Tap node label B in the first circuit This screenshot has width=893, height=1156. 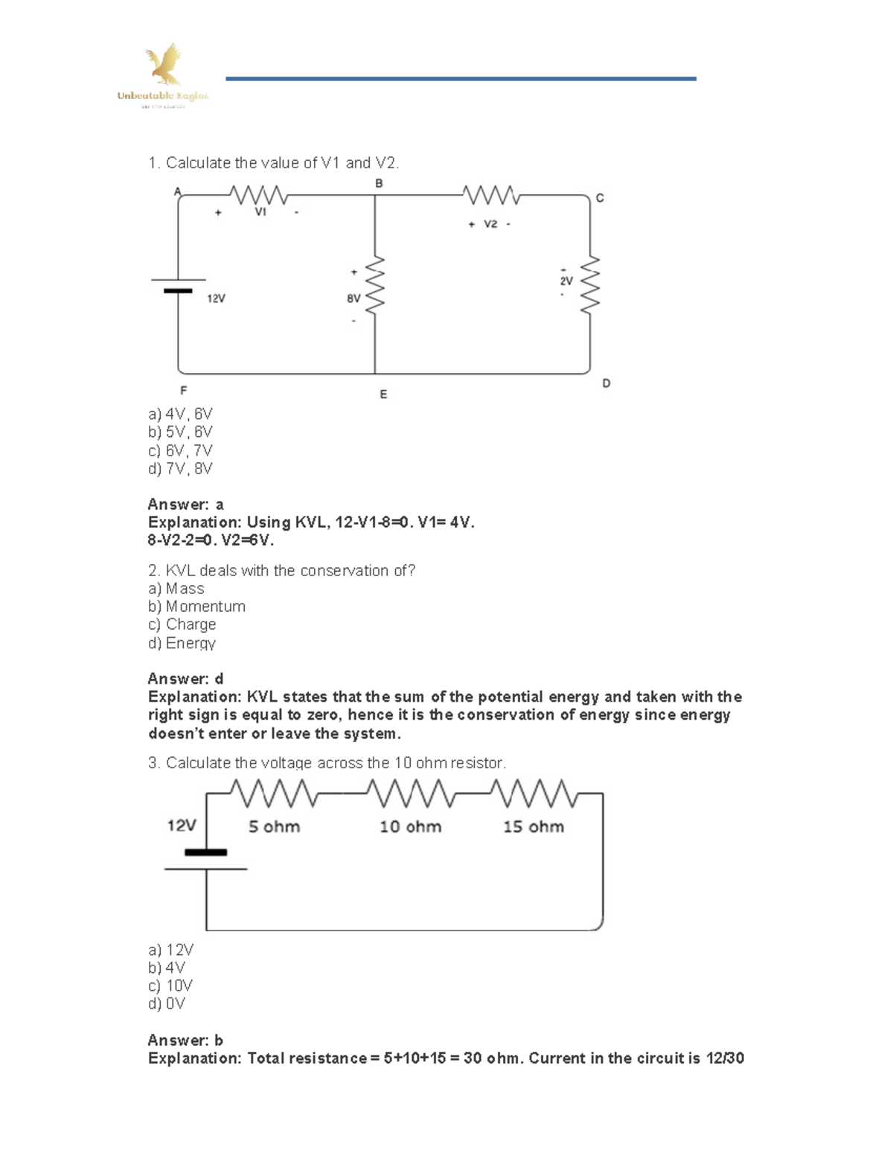click(379, 183)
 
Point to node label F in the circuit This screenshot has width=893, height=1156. click(183, 390)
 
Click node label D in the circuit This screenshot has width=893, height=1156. click(606, 383)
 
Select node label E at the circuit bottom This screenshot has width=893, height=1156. click(383, 395)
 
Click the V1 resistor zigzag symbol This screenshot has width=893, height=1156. click(259, 195)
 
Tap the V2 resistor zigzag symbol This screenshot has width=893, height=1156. click(491, 195)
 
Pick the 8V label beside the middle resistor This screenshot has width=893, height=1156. click(353, 298)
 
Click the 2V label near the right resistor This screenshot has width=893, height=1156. click(566, 281)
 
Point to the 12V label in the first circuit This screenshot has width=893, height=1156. click(216, 298)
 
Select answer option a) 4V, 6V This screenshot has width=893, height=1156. click(180, 414)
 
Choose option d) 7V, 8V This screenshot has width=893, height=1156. click(180, 469)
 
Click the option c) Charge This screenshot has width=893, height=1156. click(182, 625)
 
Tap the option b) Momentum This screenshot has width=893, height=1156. click(196, 607)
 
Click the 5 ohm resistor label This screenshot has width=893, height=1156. click(274, 827)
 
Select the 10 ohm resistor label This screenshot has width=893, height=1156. click(410, 827)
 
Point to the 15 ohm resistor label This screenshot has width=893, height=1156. click(533, 827)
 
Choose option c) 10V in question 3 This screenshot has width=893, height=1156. click(170, 986)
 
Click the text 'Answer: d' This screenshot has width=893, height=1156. click(185, 679)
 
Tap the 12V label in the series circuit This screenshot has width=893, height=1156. click(182, 826)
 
